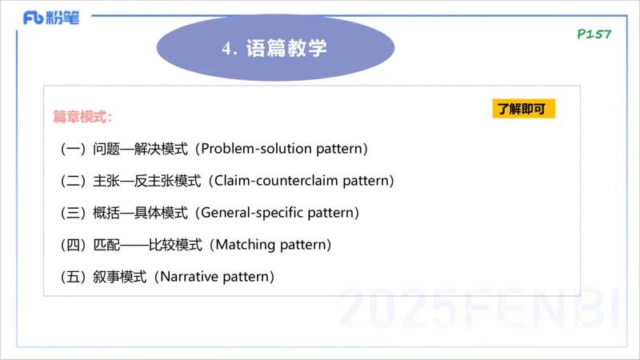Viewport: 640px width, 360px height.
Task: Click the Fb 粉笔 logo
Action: (x=52, y=18)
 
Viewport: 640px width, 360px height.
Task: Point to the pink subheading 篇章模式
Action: (x=80, y=117)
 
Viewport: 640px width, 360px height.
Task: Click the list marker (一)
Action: (x=74, y=149)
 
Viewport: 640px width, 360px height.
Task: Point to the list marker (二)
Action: (x=74, y=181)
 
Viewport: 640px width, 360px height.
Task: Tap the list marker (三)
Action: (x=74, y=213)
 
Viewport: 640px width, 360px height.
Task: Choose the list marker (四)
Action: (x=74, y=245)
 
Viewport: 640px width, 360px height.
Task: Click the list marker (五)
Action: (x=74, y=277)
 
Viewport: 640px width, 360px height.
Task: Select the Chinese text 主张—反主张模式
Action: (x=147, y=181)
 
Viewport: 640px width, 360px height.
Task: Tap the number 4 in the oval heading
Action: (x=226, y=49)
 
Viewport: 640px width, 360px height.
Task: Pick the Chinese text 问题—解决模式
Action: (x=140, y=149)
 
